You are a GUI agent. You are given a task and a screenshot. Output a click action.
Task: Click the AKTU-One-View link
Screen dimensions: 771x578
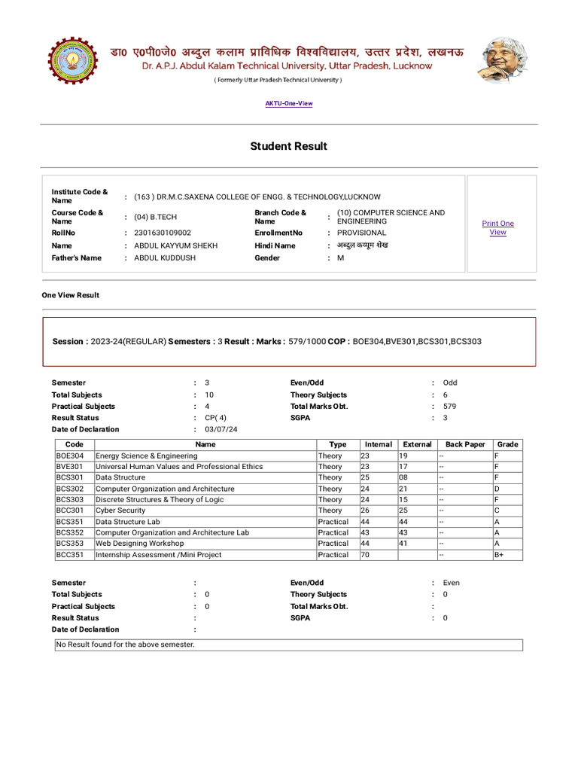pyautogui.click(x=289, y=103)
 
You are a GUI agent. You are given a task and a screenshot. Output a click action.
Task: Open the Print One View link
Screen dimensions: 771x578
pyautogui.click(x=497, y=228)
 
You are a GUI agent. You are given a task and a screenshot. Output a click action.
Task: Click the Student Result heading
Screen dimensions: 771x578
pyautogui.click(x=289, y=146)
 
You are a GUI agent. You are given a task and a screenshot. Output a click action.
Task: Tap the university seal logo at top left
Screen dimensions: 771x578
pyautogui.click(x=73, y=61)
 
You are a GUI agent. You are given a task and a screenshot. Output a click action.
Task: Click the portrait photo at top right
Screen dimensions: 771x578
pyautogui.click(x=502, y=61)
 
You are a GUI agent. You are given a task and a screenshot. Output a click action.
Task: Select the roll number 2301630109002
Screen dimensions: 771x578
pyautogui.click(x=163, y=233)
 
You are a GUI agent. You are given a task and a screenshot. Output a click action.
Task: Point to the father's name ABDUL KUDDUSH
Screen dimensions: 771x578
pyautogui.click(x=164, y=258)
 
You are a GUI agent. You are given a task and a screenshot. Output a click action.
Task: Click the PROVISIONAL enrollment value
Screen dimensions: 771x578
pyautogui.click(x=361, y=233)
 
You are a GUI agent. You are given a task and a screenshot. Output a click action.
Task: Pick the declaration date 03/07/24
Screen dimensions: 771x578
pyautogui.click(x=221, y=429)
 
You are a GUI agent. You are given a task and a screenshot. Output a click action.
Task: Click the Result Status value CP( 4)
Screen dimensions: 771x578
pyautogui.click(x=215, y=418)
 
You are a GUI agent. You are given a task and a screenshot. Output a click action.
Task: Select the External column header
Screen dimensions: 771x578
pyautogui.click(x=417, y=444)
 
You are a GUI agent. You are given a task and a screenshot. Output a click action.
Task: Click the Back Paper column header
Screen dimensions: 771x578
pyautogui.click(x=465, y=444)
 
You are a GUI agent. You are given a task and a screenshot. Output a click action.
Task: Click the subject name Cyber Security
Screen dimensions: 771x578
pyautogui.click(x=120, y=510)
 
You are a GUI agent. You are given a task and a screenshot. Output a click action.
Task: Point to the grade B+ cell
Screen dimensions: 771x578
pyautogui.click(x=499, y=555)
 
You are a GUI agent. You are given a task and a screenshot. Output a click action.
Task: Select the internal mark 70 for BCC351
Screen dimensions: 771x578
pyautogui.click(x=366, y=555)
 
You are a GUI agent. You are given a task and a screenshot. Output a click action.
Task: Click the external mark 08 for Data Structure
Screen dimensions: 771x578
pyautogui.click(x=404, y=477)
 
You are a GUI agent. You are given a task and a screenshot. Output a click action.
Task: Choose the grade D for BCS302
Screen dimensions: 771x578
pyautogui.click(x=497, y=489)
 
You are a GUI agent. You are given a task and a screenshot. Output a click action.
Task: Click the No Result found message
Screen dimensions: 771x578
pyautogui.click(x=126, y=645)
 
